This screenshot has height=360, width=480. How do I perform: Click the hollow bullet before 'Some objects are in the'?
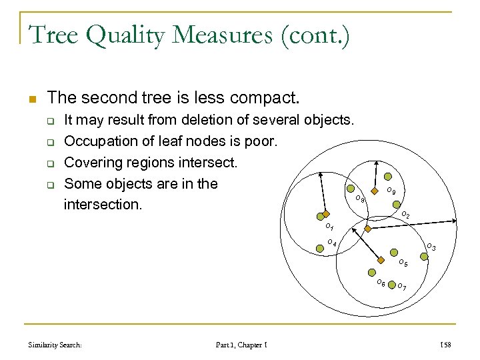[x=50, y=185]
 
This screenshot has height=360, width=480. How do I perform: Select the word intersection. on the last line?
[x=103, y=204]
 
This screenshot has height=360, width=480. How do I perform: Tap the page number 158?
[x=445, y=344]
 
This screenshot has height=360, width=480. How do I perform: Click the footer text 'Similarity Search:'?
[x=55, y=344]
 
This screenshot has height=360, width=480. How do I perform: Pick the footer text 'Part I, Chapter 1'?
[x=241, y=344]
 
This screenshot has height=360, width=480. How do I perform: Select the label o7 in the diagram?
[x=402, y=288]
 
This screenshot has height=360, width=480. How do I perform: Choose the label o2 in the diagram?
[x=405, y=215]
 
